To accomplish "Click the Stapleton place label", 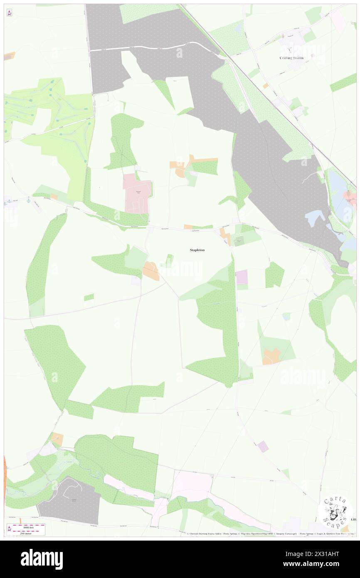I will (197, 250).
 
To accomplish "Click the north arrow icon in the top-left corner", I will (9, 13).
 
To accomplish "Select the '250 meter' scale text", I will (28, 533).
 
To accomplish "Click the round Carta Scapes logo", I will (335, 512).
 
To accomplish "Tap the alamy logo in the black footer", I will (42, 559).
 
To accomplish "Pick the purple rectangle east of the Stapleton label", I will (242, 277).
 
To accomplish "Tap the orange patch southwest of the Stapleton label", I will (151, 271).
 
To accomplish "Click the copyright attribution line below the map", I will (270, 534).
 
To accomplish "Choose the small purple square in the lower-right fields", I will (263, 447).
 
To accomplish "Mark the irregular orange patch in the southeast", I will (271, 356).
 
